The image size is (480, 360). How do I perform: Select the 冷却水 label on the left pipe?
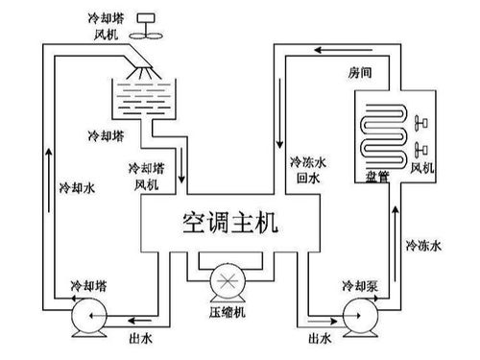pos(77,186)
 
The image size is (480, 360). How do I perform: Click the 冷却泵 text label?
pos(359,286)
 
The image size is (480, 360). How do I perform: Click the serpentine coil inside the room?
pos(373,134)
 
